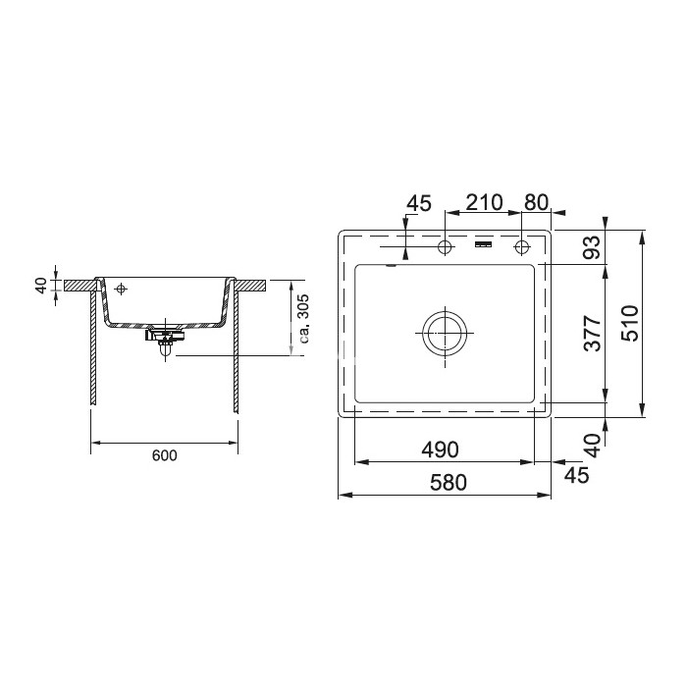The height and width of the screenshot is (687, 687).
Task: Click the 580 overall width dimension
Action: coord(449,483)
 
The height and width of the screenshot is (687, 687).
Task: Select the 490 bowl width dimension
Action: coord(440,449)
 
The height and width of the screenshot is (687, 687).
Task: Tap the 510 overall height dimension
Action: coord(630,323)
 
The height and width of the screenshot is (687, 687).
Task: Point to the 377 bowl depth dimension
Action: coord(593,333)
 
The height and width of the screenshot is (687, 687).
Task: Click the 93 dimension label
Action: coord(592,247)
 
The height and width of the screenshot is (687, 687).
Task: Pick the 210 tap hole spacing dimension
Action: coord(484,202)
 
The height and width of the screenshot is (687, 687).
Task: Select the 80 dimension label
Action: coord(536,202)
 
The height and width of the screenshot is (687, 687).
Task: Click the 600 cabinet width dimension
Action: coord(164,455)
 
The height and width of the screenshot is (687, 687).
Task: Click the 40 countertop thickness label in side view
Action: coord(41,286)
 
